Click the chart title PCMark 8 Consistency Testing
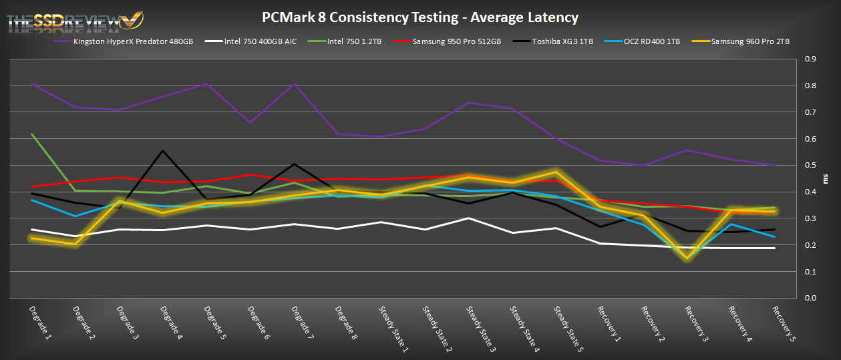point(419,17)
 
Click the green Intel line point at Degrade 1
point(31,134)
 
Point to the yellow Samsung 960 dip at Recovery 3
point(687,258)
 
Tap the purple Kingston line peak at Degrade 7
point(294,84)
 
